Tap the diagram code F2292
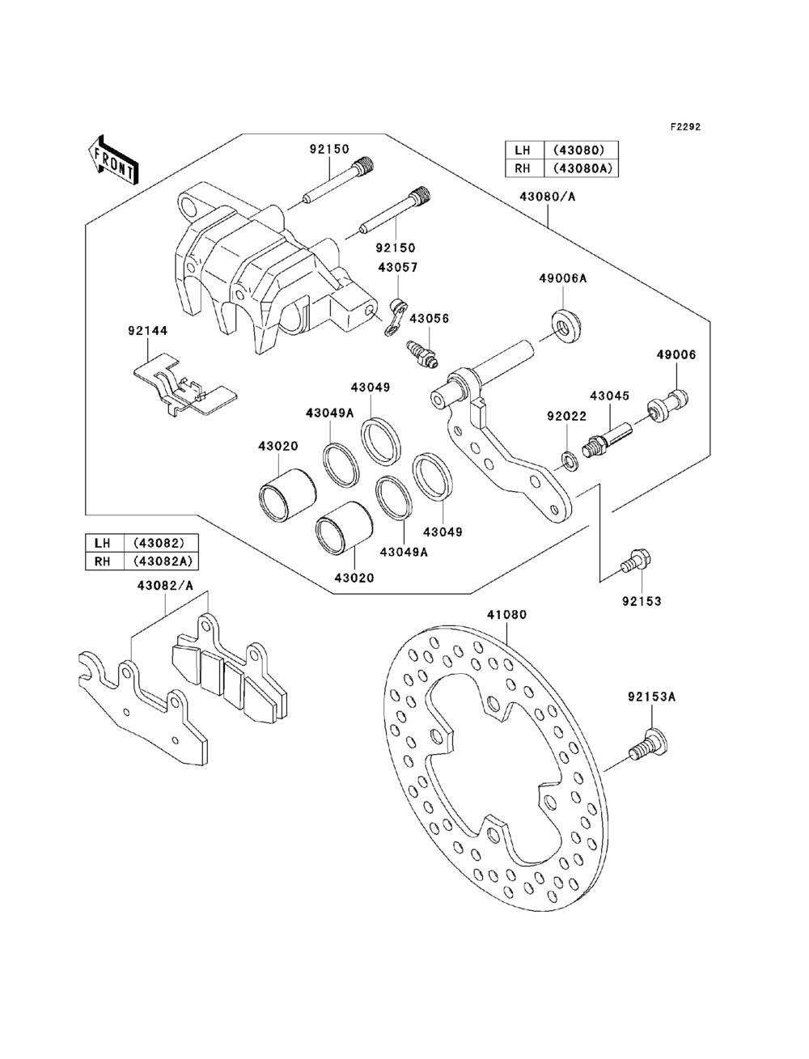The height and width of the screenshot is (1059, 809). (685, 127)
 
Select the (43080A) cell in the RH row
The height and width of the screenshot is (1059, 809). (581, 168)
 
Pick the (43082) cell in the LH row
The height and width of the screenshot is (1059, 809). (161, 543)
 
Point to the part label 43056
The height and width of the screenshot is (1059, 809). (429, 319)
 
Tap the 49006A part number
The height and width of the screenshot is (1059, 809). (563, 278)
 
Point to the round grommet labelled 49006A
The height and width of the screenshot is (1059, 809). (566, 327)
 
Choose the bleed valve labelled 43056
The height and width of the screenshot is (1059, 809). (422, 356)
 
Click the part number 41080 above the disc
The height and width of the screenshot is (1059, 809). (506, 615)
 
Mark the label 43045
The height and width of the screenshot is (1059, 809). (610, 396)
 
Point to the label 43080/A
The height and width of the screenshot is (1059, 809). (548, 197)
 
